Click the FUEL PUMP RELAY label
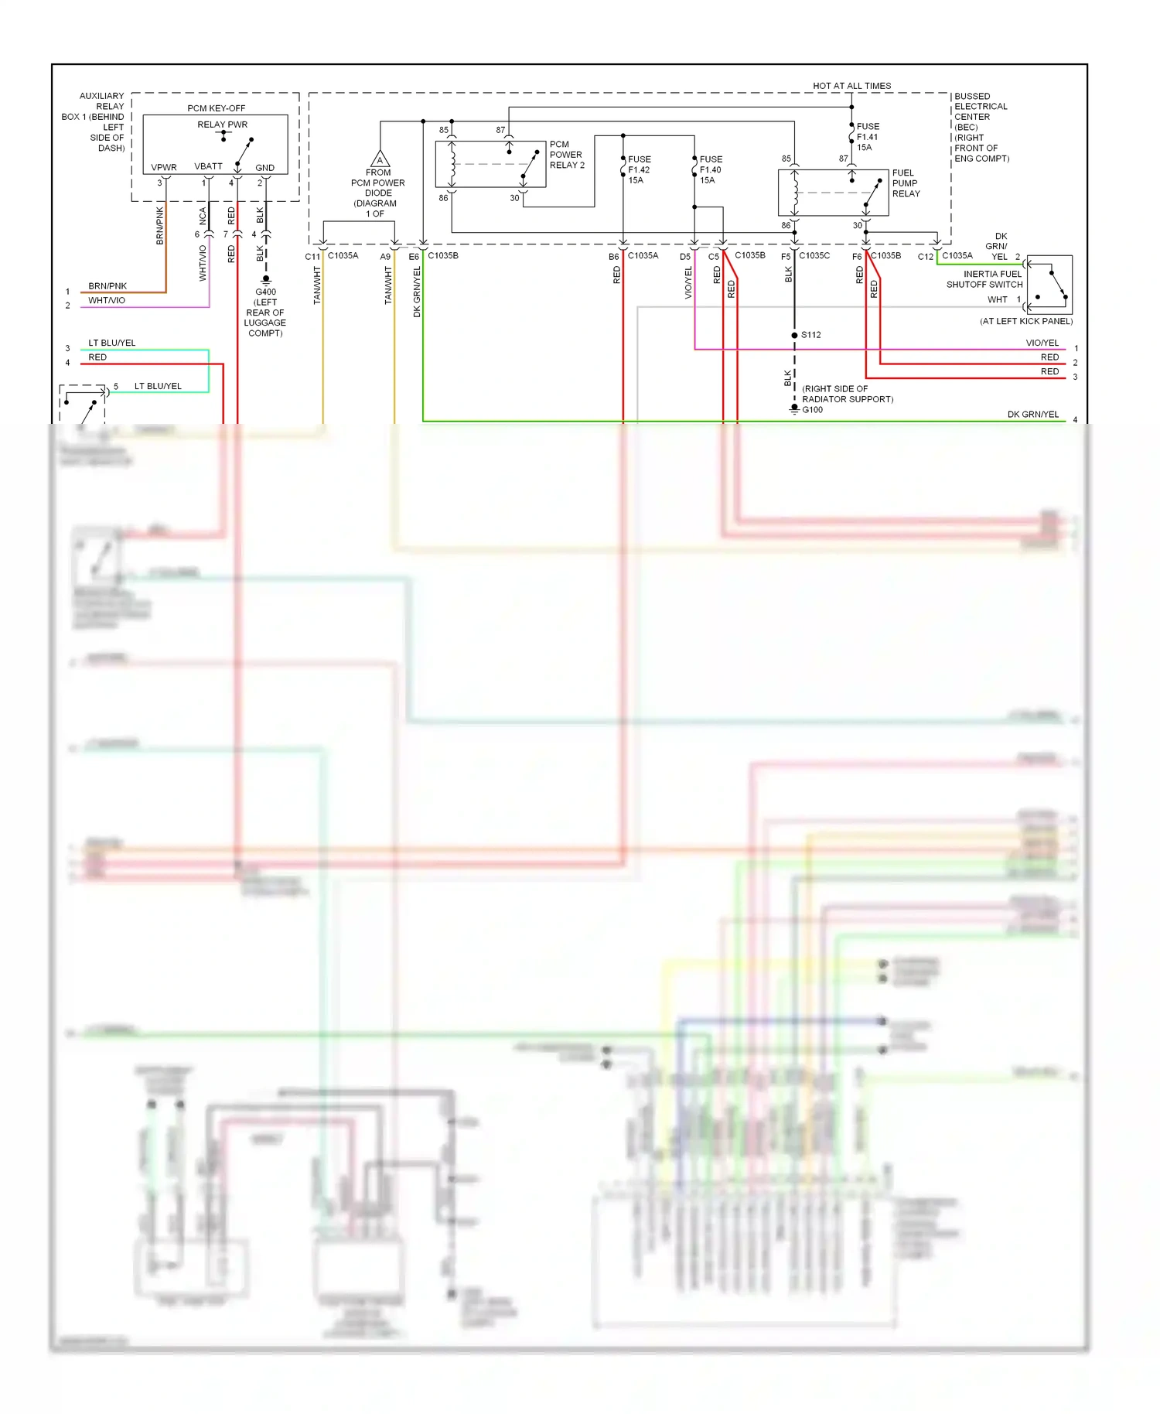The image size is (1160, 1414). click(906, 183)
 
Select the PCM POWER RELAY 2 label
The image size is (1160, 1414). click(567, 155)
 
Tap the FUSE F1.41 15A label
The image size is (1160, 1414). click(868, 137)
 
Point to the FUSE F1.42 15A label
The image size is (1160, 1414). click(639, 169)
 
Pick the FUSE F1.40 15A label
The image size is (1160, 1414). click(710, 169)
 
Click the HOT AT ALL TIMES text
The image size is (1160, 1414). click(851, 86)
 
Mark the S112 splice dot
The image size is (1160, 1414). click(794, 335)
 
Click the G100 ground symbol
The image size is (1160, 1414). click(794, 408)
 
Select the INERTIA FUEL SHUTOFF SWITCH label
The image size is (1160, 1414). click(984, 279)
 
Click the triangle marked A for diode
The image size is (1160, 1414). click(380, 159)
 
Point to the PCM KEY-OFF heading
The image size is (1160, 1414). click(216, 108)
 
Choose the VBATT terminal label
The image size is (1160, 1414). click(208, 166)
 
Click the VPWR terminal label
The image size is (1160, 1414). click(164, 167)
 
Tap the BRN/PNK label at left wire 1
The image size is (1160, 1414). click(107, 286)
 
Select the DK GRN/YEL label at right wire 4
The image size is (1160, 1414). click(1032, 415)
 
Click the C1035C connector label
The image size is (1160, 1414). click(814, 255)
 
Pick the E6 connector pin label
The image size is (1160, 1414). click(414, 257)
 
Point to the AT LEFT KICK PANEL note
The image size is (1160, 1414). click(1026, 321)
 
